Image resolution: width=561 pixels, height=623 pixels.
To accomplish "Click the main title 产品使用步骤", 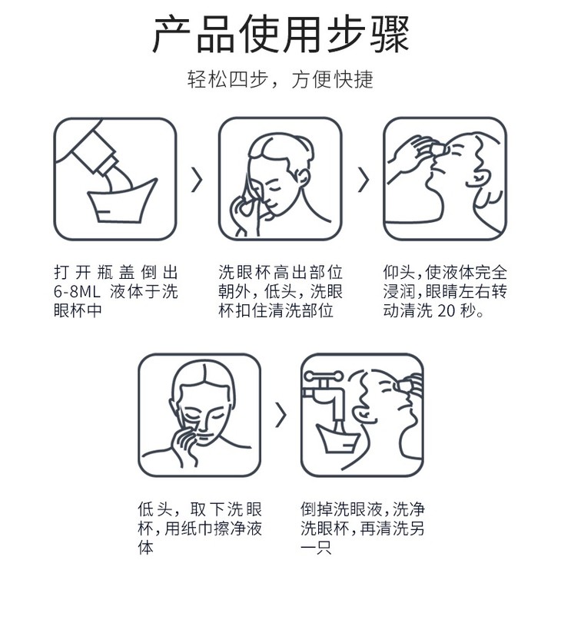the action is tap(280, 34).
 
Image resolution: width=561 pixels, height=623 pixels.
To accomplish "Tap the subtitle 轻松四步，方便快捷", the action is tap(280, 79).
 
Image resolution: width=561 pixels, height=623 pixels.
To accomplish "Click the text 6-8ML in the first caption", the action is tap(77, 292).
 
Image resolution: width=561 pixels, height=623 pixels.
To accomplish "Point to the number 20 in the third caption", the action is tap(447, 310).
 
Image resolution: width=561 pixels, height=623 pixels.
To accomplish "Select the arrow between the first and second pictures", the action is tap(198, 180).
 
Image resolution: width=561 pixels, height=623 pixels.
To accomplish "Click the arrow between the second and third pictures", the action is tap(363, 180).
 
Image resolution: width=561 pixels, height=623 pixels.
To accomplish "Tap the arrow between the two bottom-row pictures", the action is tap(280, 415).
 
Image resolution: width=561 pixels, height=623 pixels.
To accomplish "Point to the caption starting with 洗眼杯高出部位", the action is tap(280, 292).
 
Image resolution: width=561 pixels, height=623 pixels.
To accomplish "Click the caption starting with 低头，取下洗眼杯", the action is tap(200, 529).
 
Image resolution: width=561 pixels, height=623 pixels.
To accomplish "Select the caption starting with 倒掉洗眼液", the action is tap(362, 529).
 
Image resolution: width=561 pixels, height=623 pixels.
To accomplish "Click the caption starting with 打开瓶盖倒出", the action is tap(116, 292).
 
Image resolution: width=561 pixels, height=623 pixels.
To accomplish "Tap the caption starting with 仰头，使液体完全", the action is tap(445, 292).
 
